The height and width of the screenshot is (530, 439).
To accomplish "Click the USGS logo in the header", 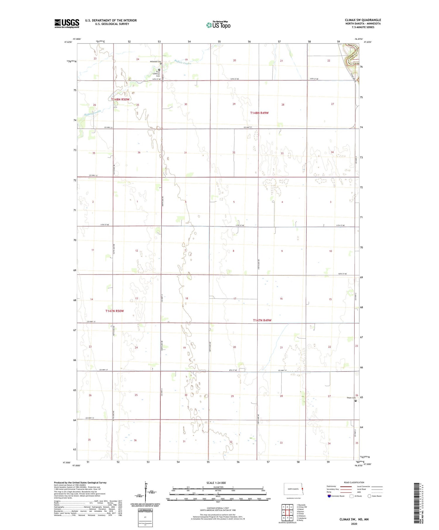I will (x=67, y=23).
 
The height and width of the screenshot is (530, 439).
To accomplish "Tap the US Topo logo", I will (x=218, y=25).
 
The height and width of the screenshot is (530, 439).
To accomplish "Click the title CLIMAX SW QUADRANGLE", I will (x=363, y=20).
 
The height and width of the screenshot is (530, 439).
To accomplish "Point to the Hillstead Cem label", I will (x=155, y=62).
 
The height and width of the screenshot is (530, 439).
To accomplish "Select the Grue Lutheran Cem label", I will (x=158, y=74).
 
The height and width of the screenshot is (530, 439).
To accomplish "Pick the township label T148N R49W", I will (x=259, y=113).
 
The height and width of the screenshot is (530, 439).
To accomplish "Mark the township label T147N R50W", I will (x=114, y=311).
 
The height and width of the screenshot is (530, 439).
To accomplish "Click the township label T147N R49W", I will (x=262, y=320).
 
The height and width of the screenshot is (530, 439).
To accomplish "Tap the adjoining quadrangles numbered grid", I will (x=287, y=512).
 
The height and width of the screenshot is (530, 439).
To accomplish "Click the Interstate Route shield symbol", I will (x=329, y=496).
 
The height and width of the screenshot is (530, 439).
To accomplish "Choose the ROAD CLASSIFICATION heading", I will (x=354, y=482).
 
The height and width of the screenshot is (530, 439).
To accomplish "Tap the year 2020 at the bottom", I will (x=354, y=524).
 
